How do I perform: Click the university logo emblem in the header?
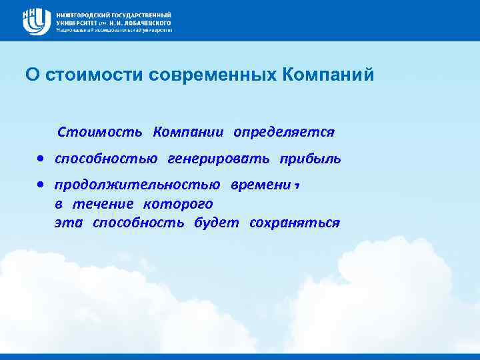click(x=36, y=21)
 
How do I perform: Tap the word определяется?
click(x=283, y=132)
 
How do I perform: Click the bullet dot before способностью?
click(x=41, y=159)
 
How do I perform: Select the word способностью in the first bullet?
click(x=106, y=159)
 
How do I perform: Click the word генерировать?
click(x=219, y=159)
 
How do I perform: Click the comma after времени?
click(x=294, y=187)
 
